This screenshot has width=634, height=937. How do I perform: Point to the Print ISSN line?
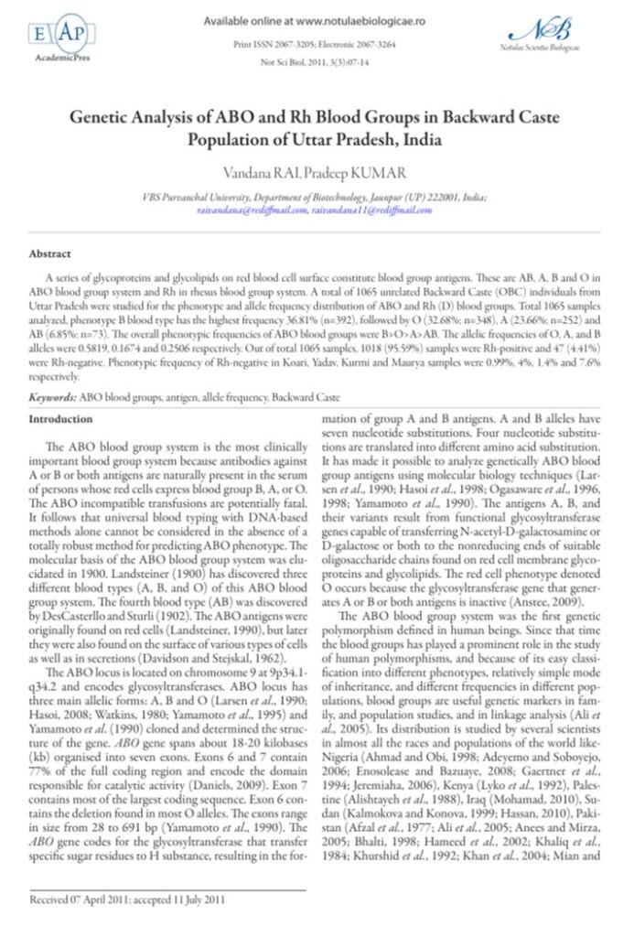tap(317, 43)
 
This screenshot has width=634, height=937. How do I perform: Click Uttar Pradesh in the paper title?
tap(340, 142)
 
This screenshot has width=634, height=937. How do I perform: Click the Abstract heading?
tap(50, 252)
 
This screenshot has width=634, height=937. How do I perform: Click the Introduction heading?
tap(62, 418)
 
